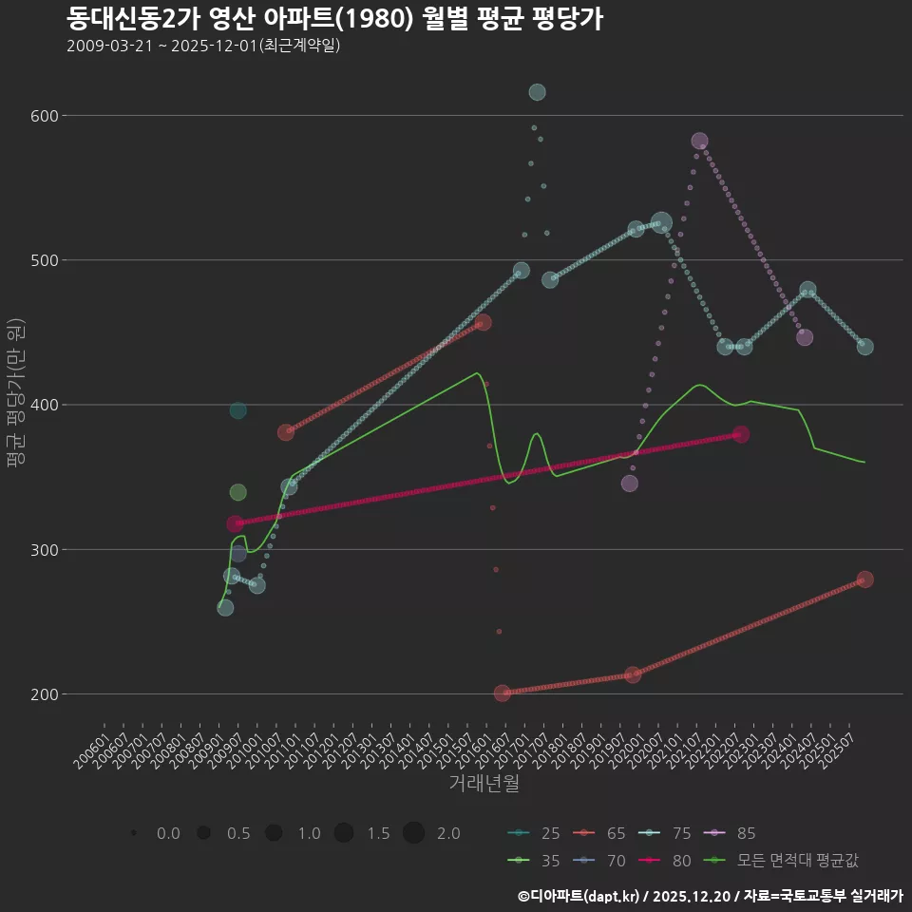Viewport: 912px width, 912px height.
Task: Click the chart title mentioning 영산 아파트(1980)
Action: point(334,19)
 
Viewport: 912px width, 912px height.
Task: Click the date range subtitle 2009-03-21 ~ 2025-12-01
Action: point(203,46)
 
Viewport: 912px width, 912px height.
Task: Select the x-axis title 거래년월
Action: point(484,784)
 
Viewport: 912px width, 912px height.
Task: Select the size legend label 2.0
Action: point(448,833)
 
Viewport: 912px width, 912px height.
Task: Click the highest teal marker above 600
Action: point(537,92)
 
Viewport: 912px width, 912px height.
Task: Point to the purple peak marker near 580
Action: point(699,142)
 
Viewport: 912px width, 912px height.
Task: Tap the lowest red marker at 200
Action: point(503,693)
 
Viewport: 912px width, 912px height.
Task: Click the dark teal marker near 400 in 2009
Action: point(237,410)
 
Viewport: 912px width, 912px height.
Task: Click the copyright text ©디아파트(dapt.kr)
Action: point(580,895)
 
